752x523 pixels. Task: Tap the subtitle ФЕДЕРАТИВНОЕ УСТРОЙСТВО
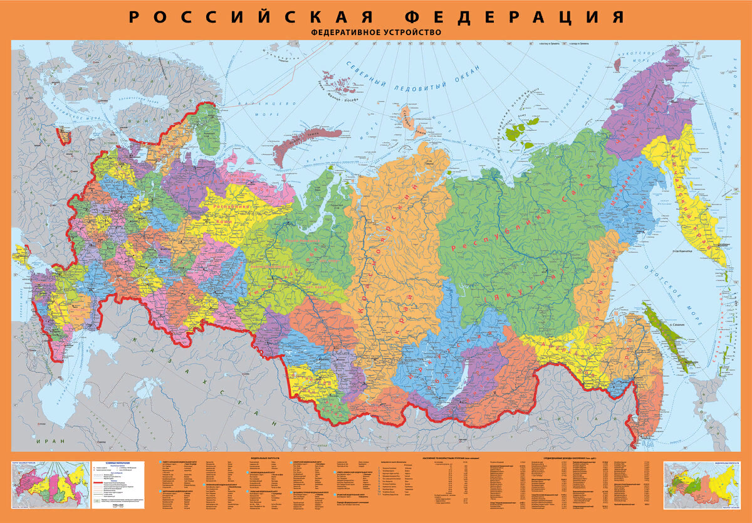pos(376,32)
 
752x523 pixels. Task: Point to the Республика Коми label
pos(231,213)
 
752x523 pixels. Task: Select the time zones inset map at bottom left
pos(48,484)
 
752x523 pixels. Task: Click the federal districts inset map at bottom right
pos(702,484)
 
